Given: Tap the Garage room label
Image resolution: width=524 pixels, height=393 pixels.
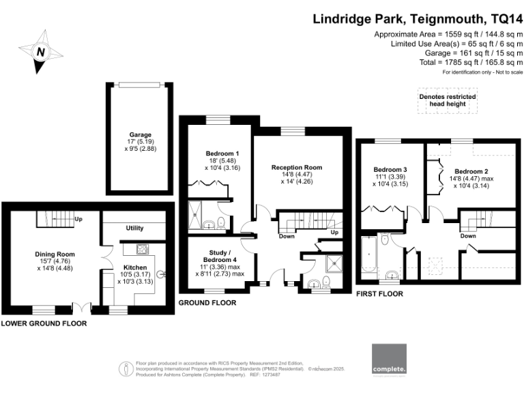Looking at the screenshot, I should click(141, 134).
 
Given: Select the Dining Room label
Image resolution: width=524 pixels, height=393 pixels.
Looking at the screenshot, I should click(55, 254).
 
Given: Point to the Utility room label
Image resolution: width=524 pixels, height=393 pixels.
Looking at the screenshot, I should click(134, 228).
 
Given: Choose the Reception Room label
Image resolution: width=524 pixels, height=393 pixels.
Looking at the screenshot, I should click(296, 167).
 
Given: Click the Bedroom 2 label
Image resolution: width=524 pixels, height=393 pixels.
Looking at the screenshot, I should click(471, 171).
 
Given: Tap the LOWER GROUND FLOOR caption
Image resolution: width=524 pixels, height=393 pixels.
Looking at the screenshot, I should click(44, 323).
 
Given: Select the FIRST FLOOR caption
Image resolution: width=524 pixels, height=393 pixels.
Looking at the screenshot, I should click(379, 294).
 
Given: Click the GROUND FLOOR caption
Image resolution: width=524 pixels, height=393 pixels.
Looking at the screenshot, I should click(207, 302).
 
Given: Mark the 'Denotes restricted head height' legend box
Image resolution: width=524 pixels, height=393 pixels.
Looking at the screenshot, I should click(447, 102).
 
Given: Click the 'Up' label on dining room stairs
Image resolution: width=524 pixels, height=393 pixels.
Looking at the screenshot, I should click(78, 220).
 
